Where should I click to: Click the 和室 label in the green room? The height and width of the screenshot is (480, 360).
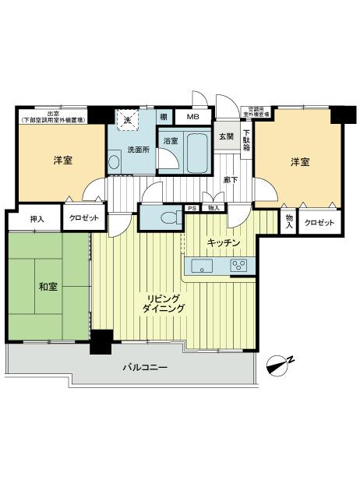pos(48,287)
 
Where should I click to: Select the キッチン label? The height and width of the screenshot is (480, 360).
pos(223,243)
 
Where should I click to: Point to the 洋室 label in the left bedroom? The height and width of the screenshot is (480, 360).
pos(63,161)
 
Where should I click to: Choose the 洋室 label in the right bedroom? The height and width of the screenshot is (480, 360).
pos(300,162)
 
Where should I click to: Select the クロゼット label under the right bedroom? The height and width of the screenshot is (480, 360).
pos(319,222)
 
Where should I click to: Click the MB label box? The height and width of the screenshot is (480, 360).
pos(192,117)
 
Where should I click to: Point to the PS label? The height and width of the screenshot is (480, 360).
pos(192,208)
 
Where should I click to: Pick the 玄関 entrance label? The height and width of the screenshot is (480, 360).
pos(226,137)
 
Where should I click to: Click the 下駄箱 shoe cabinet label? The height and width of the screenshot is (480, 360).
pos(246,139)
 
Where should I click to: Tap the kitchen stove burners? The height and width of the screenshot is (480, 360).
pos(238,266)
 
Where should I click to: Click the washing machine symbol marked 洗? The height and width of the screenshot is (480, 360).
pos(125,119)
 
